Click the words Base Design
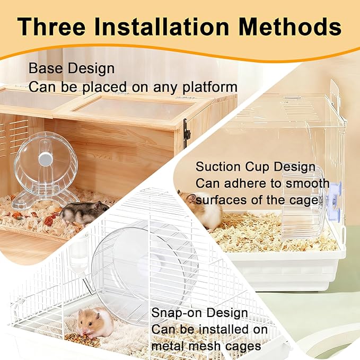[x=72, y=68]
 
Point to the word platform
[x=210, y=87]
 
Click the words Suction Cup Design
[x=256, y=166]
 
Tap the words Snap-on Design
[x=199, y=313]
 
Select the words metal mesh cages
[x=206, y=346]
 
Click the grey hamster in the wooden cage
[x=84, y=213]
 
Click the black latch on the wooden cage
[x=187, y=133]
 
